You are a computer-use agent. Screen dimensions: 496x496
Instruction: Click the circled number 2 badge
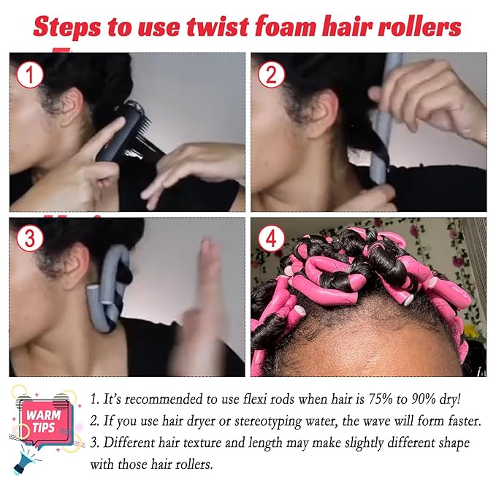pyautogui.click(x=272, y=74)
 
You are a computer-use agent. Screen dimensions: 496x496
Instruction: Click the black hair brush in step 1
pyautogui.click(x=124, y=131)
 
